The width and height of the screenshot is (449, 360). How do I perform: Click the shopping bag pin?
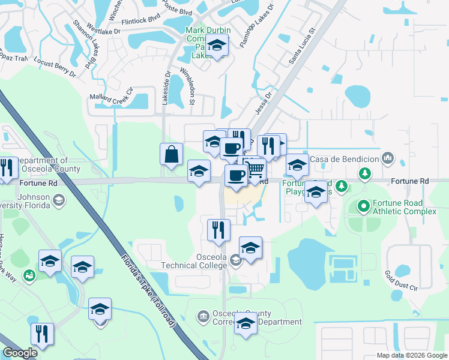[172, 154]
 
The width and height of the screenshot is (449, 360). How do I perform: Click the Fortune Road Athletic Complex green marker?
[363, 207]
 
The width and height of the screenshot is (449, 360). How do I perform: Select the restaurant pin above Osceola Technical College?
[218, 229]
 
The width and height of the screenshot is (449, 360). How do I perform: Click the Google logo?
[20, 353]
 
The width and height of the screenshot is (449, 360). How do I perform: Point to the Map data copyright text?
[411, 355]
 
